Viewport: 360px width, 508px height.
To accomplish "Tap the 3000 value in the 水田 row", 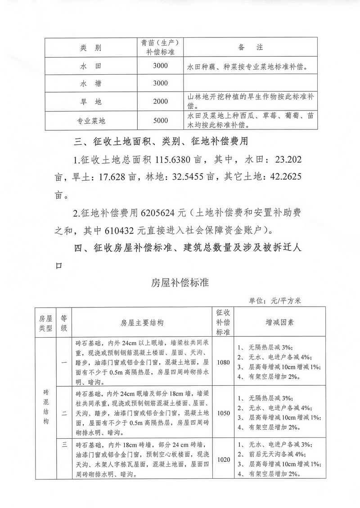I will pos(160,67).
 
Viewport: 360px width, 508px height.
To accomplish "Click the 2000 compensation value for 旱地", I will pos(160,102).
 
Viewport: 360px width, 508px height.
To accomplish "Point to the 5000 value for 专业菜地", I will pos(160,120).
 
